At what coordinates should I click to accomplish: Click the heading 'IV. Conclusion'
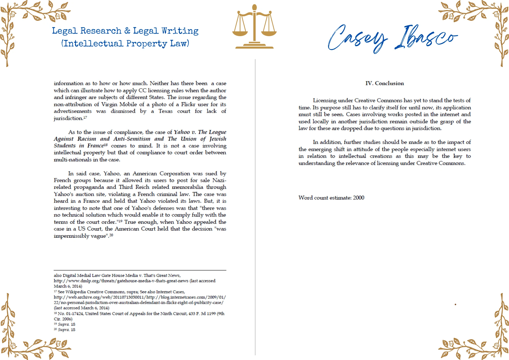click(385, 83)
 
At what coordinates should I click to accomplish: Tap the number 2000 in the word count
click(359, 198)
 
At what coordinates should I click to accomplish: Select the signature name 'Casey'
click(358, 38)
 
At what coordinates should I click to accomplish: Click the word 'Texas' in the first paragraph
click(165, 111)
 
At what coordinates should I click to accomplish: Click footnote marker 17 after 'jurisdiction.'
click(85, 118)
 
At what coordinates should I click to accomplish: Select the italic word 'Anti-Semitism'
click(132, 139)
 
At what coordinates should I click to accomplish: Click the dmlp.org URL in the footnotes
click(121, 281)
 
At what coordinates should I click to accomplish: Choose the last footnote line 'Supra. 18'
click(66, 330)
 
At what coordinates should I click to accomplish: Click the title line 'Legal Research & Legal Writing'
click(125, 31)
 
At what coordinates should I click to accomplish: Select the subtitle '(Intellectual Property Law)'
click(125, 44)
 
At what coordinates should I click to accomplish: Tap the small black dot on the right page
click(455, 304)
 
